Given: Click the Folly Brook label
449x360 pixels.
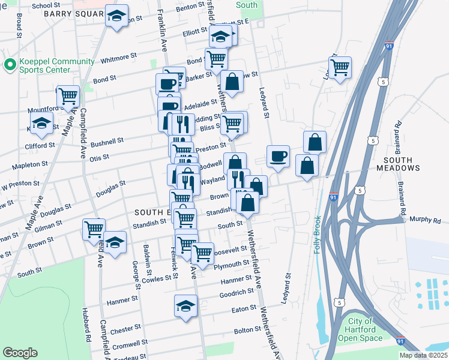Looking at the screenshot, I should (318, 235).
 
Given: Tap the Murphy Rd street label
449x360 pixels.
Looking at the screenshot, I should (425, 220).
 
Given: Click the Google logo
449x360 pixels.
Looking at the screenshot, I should (20, 353).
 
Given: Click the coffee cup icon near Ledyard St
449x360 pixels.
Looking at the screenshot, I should (278, 157).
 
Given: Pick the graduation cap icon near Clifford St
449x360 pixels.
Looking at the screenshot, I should (41, 123).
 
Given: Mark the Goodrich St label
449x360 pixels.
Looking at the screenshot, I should (237, 293).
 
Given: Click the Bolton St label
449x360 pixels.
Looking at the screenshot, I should (248, 330).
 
